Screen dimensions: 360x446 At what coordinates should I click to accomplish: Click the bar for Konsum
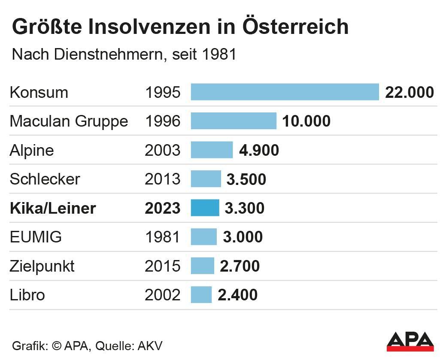[285, 92]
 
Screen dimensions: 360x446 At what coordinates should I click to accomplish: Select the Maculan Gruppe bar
[234, 121]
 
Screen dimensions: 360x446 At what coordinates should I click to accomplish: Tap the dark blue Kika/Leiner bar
[205, 208]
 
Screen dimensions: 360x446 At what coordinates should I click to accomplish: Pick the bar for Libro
[201, 295]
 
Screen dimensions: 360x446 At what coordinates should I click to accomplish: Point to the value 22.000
[410, 92]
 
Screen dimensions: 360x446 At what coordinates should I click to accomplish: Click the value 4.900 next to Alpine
[259, 150]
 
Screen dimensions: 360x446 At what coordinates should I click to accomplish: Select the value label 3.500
[246, 179]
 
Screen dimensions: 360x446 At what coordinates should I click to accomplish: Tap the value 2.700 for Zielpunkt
[240, 266]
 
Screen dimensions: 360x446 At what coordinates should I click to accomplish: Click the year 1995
[163, 92]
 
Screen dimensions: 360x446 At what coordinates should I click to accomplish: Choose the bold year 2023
[163, 208]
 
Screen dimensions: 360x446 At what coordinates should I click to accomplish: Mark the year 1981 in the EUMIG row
[163, 237]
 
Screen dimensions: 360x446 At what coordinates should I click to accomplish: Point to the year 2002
[163, 295]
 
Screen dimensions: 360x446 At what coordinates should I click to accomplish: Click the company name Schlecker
[45, 179]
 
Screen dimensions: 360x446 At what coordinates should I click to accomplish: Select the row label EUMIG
[36, 237]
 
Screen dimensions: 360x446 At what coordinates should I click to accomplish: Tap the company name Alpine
[32, 150]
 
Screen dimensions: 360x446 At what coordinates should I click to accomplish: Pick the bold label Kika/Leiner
[53, 208]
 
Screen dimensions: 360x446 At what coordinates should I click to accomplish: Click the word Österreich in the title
[295, 27]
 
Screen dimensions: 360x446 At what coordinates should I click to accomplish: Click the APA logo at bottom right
[410, 341]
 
